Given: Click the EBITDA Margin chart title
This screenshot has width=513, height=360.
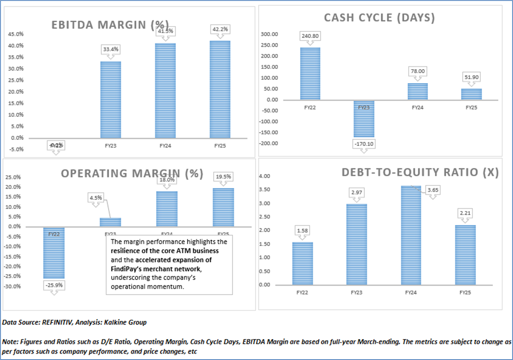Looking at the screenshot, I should tap(110, 25).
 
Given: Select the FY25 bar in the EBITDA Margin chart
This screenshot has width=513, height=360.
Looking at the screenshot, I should tap(220, 89).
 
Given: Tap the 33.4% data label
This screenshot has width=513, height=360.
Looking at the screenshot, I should tap(111, 49).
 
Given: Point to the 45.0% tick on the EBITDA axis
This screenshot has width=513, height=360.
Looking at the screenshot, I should tap(16, 34).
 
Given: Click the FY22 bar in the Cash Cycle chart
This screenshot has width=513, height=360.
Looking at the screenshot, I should tap(310, 74).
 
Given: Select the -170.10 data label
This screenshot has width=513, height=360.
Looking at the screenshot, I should tap(364, 144).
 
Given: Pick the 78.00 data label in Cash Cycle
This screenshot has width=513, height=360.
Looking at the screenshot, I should tap(418, 71).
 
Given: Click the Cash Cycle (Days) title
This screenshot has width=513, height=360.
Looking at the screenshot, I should tap(379, 18).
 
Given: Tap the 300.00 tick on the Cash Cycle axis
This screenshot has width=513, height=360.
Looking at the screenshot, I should tap(269, 34).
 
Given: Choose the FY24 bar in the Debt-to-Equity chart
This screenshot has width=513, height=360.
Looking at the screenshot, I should tap(411, 235).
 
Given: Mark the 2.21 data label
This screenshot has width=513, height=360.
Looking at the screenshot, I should tap(465, 213).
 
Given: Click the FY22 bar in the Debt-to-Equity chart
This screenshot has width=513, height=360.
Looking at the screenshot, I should tap(302, 263).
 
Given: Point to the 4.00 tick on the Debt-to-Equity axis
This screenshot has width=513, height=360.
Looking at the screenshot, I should tap(264, 176).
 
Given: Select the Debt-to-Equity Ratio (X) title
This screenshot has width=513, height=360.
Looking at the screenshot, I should tap(420, 172).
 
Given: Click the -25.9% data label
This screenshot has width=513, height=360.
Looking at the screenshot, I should tap(54, 285).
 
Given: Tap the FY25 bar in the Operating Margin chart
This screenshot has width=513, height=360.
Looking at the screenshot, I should tap(223, 207).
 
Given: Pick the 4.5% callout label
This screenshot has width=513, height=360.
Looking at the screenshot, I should tap(96, 198).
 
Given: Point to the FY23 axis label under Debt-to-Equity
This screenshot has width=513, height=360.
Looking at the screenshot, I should tap(356, 292).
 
